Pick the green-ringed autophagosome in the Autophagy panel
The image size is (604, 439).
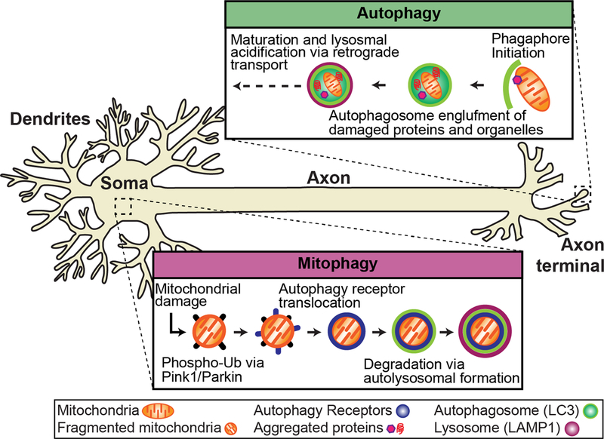tap(428, 84)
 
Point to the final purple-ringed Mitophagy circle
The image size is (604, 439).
tap(480, 330)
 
